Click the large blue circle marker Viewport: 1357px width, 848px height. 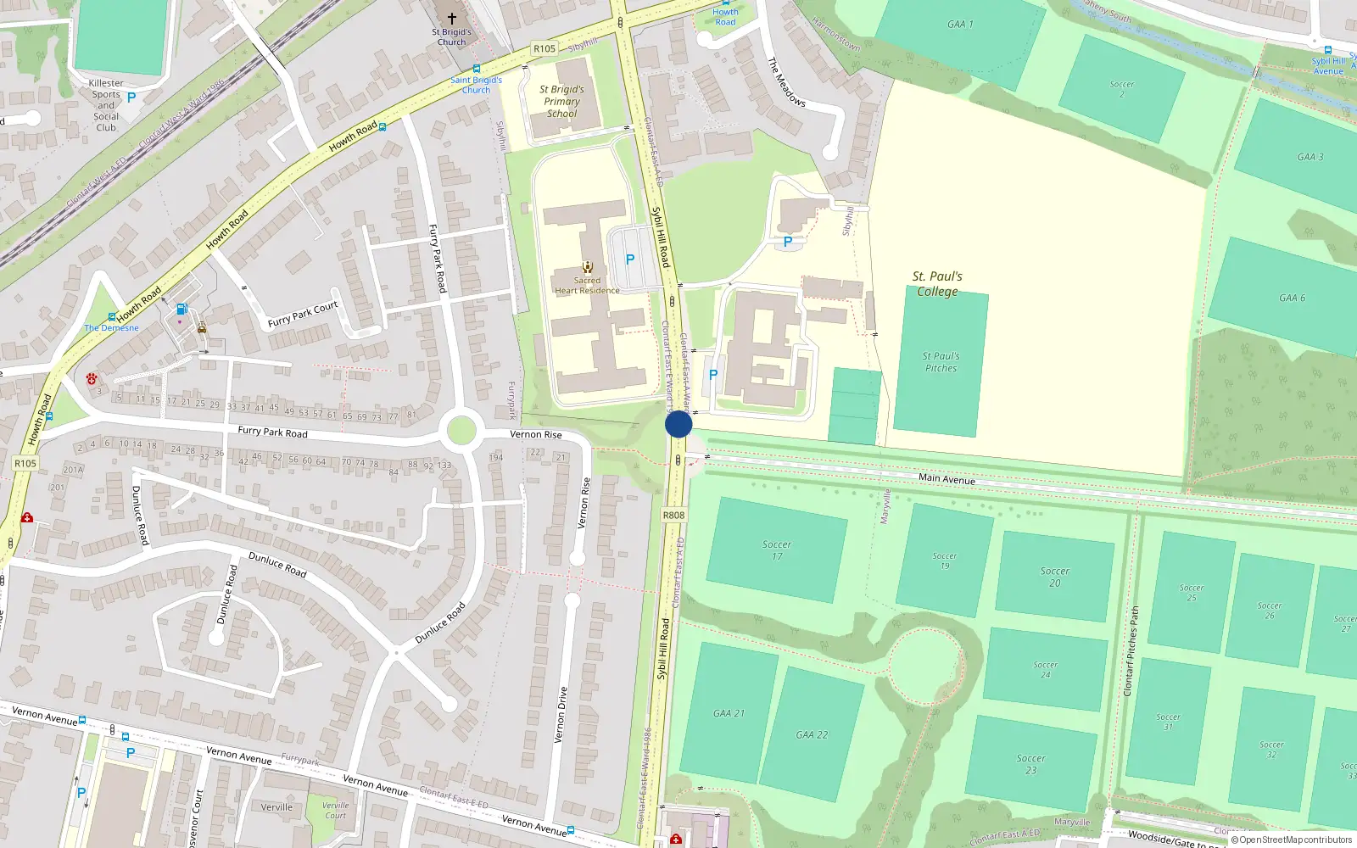(678, 424)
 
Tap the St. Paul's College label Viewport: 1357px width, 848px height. (937, 284)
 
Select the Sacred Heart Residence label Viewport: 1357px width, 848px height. (587, 286)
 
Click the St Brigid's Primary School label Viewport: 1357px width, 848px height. (561, 101)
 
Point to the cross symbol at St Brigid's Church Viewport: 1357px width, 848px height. (452, 18)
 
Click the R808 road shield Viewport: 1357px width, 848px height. (673, 515)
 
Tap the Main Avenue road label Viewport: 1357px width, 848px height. (947, 479)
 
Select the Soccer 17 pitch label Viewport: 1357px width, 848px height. (777, 550)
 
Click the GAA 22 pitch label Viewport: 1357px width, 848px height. (812, 734)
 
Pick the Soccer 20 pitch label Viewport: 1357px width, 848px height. (1055, 577)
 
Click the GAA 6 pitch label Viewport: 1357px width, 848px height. (1292, 298)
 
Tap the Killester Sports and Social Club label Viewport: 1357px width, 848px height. (106, 105)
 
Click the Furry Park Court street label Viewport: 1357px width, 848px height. (303, 314)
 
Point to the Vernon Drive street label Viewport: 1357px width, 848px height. (560, 715)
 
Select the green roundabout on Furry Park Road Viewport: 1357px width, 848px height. (461, 430)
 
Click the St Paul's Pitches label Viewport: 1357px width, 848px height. (941, 362)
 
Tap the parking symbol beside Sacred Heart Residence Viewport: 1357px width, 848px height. (630, 259)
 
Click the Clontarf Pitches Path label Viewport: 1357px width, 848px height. (1131, 651)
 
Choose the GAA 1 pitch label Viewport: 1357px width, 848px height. (960, 24)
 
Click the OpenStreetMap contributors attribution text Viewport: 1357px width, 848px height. (1295, 840)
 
